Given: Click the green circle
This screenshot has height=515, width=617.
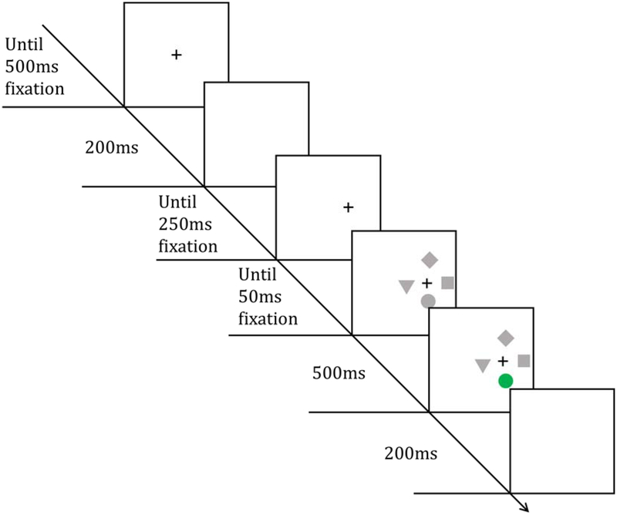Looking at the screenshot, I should pos(505,380).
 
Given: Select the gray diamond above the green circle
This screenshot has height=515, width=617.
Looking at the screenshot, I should pos(506,337).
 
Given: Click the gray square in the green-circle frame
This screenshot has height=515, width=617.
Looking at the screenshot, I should pos(524,360).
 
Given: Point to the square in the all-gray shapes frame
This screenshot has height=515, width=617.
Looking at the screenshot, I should pos(447,283).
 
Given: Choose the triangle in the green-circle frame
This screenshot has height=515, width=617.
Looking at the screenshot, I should pos(483,365).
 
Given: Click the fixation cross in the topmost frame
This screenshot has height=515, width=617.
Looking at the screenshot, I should pos(176,55).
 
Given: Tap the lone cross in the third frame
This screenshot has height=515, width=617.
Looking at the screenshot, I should pos(347,207).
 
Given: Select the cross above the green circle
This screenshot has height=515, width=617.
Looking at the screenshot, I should pos(503,361).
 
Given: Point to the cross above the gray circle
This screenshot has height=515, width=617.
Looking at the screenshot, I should pos(427,283).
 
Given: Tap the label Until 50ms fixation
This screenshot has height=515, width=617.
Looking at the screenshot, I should pos(268,296).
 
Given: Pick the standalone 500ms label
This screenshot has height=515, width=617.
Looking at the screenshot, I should pos(339,373).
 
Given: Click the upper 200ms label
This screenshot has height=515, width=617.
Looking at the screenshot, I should pos(111,146).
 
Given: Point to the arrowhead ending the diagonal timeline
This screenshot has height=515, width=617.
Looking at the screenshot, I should pos(527,507).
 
